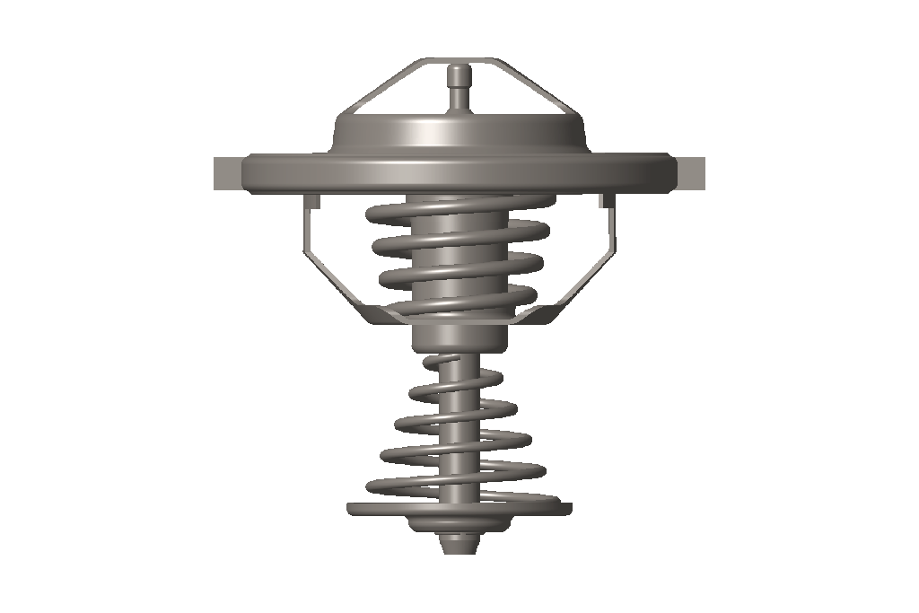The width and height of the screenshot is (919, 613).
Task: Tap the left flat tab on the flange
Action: (227, 173)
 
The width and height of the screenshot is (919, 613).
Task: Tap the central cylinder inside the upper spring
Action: (459, 260)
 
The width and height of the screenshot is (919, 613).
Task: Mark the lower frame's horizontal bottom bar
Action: (459, 320)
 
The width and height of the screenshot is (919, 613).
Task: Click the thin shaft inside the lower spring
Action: (459, 422)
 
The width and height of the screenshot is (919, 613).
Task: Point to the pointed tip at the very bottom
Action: (459, 544)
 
